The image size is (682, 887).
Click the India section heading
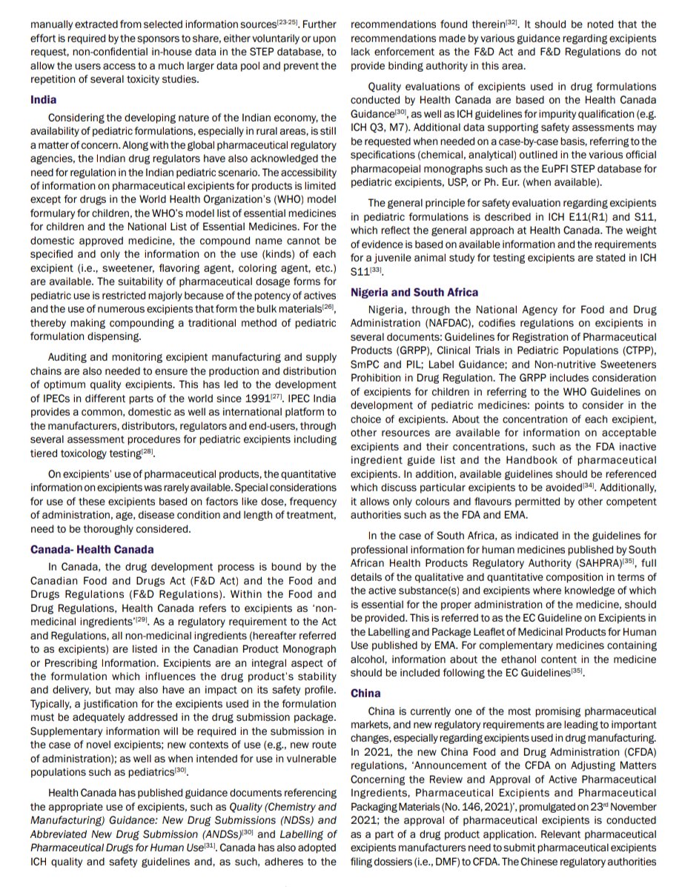[x=44, y=99]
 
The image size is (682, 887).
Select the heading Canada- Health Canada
[x=92, y=549]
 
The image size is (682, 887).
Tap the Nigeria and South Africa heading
[x=414, y=293]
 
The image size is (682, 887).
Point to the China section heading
[x=365, y=693]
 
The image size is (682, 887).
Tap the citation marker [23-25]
[x=288, y=23]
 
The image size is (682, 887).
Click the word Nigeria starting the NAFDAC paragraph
[x=387, y=310]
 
